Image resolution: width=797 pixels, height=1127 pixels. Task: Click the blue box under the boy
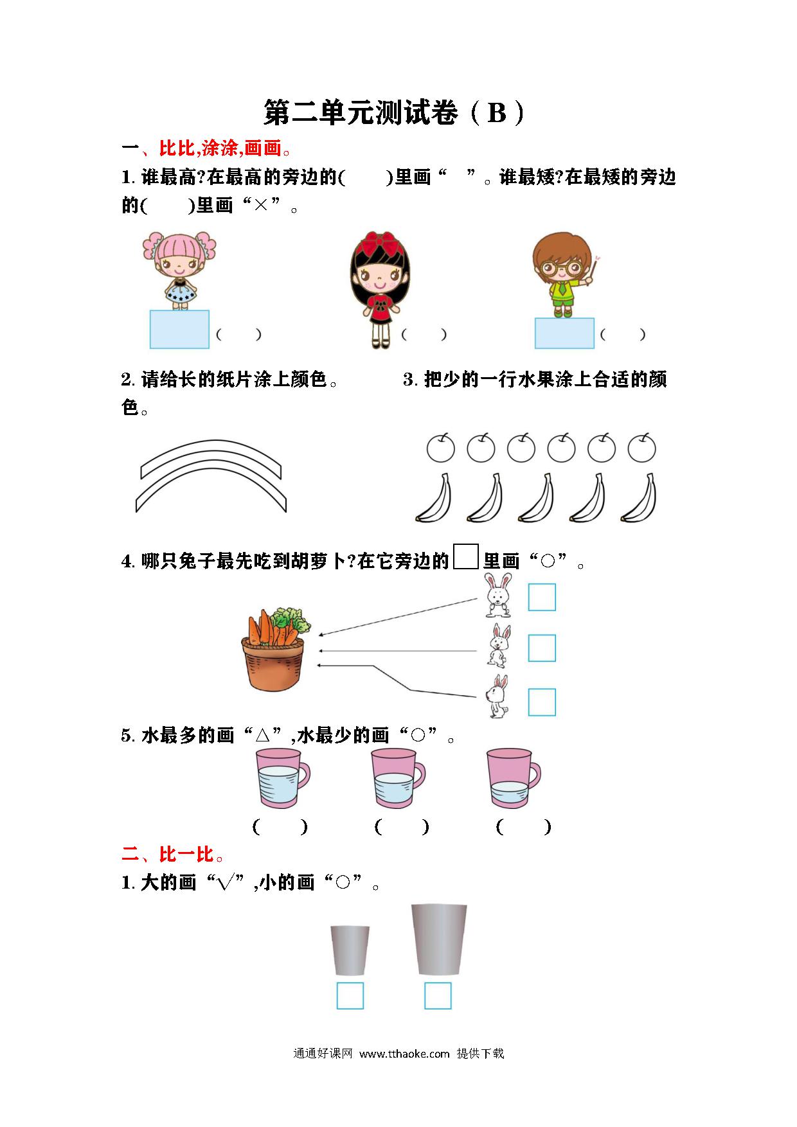(564, 333)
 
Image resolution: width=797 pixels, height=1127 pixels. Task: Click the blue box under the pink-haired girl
(179, 329)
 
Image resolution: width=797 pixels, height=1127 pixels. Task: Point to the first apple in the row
(441, 447)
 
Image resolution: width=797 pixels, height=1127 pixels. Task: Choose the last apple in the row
(641, 447)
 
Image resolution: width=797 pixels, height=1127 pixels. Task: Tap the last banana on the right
(640, 497)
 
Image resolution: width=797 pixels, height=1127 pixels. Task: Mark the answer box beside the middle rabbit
(542, 648)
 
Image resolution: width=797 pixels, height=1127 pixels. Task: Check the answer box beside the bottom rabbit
(542, 702)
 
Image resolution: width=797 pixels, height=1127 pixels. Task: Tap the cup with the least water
(514, 778)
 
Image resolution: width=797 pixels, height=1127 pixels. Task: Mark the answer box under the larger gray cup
(438, 996)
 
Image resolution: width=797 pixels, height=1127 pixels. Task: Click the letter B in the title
(497, 113)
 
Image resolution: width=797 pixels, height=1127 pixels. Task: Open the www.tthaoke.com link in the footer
(404, 1054)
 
